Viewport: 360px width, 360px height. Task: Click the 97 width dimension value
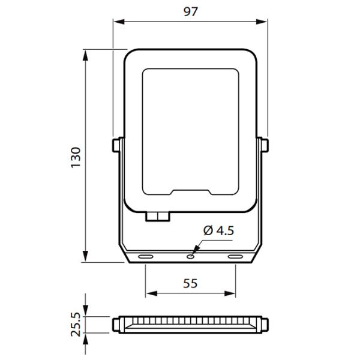pos(191,11)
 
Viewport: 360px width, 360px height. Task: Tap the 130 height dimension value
pos(76,157)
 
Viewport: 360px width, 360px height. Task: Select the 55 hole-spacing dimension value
pos(190,284)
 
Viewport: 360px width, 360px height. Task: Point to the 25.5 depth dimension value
pos(76,324)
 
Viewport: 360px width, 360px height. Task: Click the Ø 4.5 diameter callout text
pos(218,230)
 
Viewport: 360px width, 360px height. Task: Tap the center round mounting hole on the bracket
pos(190,257)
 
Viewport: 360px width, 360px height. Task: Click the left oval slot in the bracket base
pos(146,256)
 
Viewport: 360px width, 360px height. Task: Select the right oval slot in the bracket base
pos(235,256)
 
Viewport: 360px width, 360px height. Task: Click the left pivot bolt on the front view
pos(116,145)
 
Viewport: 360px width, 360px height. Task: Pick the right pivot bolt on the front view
pos(265,145)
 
